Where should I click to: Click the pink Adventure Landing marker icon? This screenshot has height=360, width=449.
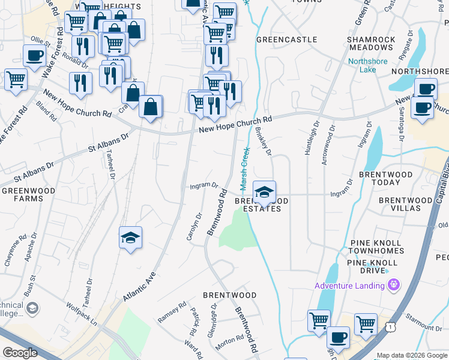tap(394, 284)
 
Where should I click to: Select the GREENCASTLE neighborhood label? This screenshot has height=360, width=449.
tap(286, 40)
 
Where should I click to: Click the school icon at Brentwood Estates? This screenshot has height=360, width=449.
tap(264, 193)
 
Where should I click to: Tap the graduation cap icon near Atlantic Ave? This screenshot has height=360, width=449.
tap(131, 238)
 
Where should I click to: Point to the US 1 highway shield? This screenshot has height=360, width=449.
tap(390, 326)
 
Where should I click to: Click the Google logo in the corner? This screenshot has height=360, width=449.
tap(20, 353)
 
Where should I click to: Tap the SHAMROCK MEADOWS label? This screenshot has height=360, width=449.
tap(371, 43)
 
